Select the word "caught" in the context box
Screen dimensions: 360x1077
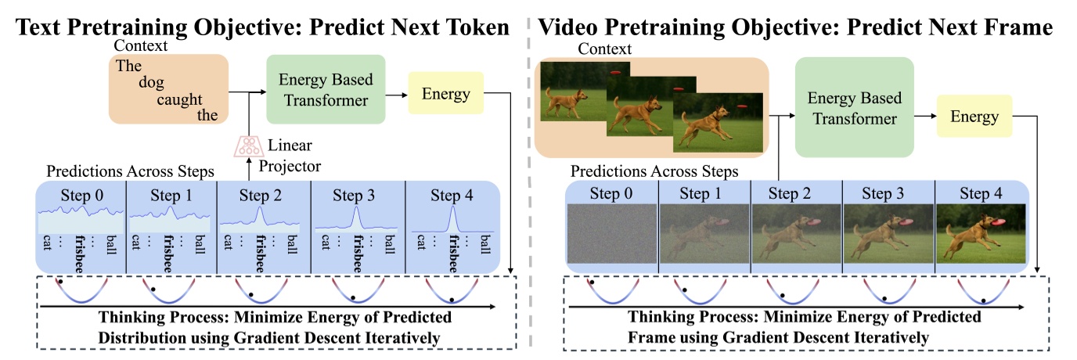point(179,99)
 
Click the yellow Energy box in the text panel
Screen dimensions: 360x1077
point(446,95)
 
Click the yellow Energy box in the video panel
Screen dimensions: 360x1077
point(974,117)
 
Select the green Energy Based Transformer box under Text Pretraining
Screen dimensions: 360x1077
point(325,89)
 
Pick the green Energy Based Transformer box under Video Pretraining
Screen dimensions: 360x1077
point(854,108)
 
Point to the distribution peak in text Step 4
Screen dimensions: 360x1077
point(452,211)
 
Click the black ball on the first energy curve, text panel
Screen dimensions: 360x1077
point(59,280)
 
